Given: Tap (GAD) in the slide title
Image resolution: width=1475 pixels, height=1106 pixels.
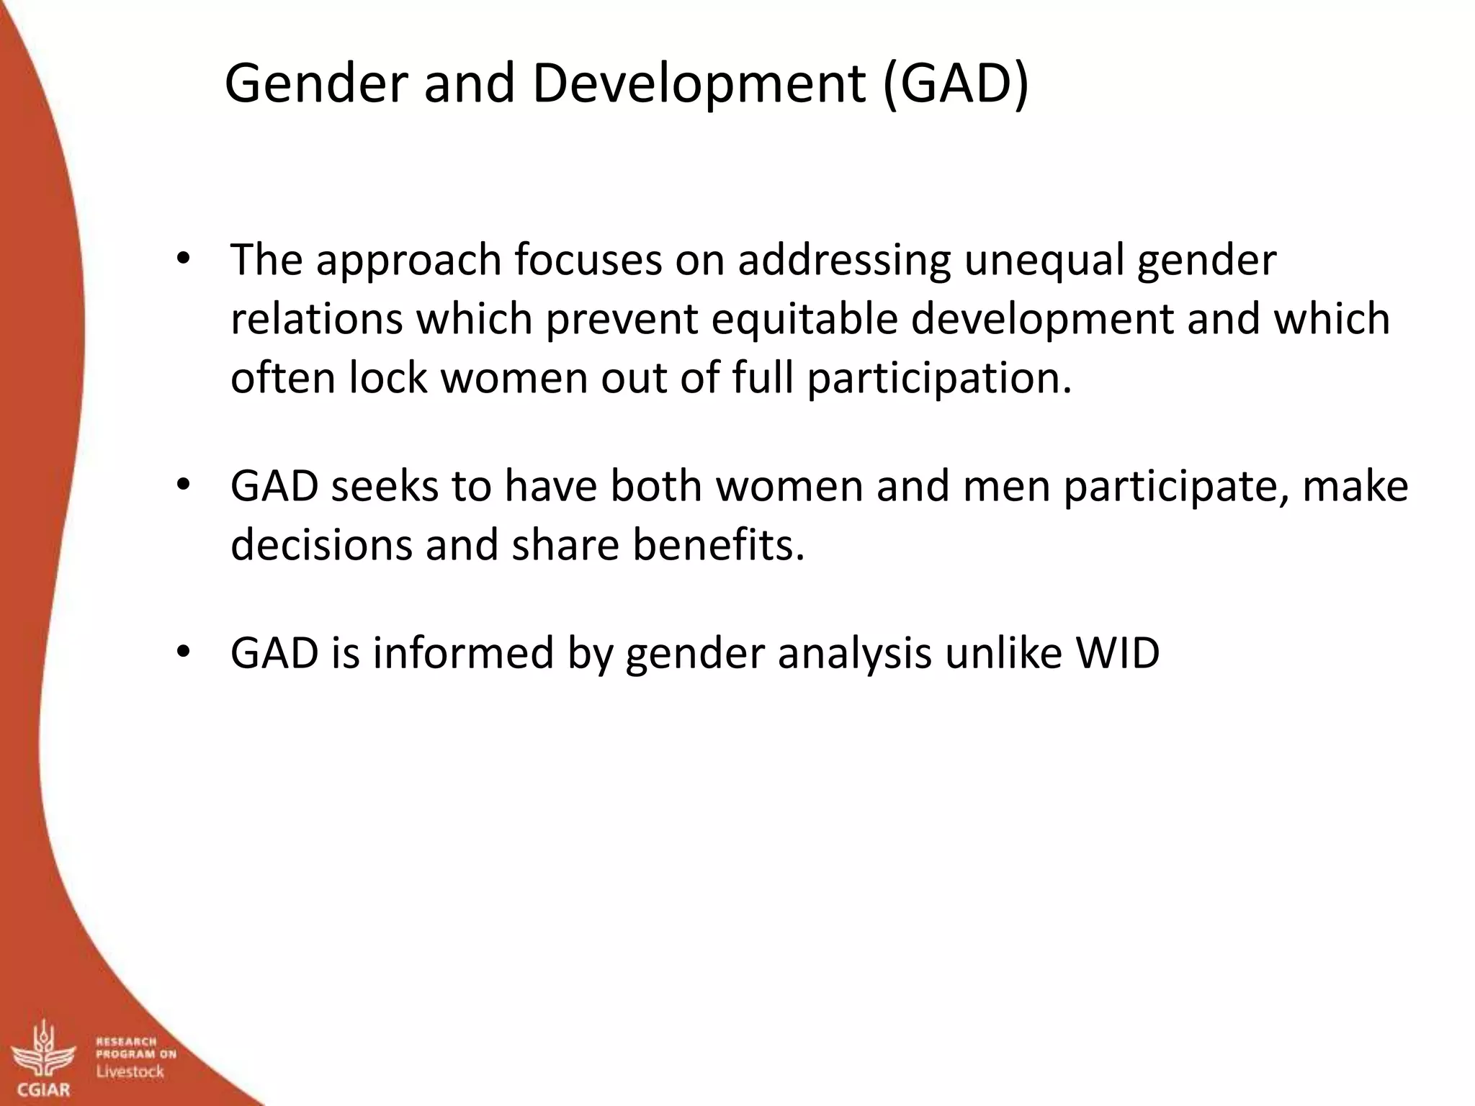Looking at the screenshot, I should click(x=955, y=84).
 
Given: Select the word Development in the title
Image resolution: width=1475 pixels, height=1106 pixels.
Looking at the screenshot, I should click(x=698, y=84).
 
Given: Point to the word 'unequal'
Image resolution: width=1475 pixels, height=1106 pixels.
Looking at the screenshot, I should click(x=1043, y=261).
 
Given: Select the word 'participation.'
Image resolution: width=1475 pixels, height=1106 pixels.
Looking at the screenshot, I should click(x=939, y=379).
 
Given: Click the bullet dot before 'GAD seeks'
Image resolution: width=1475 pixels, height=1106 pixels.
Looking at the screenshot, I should click(x=183, y=485).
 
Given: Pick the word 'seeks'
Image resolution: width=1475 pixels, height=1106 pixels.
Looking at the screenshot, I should click(x=385, y=486).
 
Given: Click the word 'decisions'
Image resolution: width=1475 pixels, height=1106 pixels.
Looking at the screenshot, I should click(x=321, y=544).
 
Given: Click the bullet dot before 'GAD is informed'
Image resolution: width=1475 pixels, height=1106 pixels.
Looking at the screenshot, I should click(x=183, y=652).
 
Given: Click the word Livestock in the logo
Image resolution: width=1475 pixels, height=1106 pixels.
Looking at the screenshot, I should click(x=130, y=1071).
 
